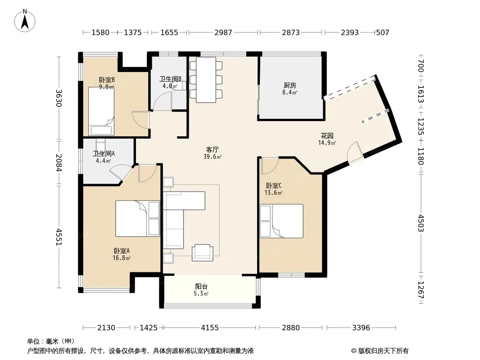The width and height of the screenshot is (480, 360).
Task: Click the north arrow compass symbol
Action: pos(25,20)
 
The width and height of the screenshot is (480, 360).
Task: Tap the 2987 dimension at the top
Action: pos(223,32)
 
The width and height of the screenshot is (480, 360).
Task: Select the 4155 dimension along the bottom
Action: pos(210,328)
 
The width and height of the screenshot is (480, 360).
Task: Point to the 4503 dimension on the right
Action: pos(421,223)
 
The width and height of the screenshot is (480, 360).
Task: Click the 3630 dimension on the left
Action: pos(59,98)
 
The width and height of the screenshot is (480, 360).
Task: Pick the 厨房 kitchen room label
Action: pos(290,85)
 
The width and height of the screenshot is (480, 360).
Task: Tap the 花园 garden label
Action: pos(327,135)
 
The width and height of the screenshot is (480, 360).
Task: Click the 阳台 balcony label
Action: pos(201,287)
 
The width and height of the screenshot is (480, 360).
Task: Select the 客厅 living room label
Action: pos(212,149)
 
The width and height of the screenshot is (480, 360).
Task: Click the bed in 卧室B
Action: pos(101,111)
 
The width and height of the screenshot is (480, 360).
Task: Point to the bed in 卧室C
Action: pos(281,221)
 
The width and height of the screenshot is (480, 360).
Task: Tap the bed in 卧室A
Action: pos(137,218)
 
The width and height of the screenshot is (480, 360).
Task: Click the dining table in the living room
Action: pos(206,80)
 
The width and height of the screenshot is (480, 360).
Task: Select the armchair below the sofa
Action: pos(202,252)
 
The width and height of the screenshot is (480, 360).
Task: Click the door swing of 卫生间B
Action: pos(163,101)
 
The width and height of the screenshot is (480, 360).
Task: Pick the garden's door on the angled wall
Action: pos(355,153)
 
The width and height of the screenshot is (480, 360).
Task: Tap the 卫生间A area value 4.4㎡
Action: pos(103,161)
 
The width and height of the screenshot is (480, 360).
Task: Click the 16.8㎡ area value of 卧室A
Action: pos(122,258)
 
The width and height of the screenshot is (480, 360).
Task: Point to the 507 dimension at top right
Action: pos(382,32)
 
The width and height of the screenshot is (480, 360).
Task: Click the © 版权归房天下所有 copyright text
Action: pos(380,351)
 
